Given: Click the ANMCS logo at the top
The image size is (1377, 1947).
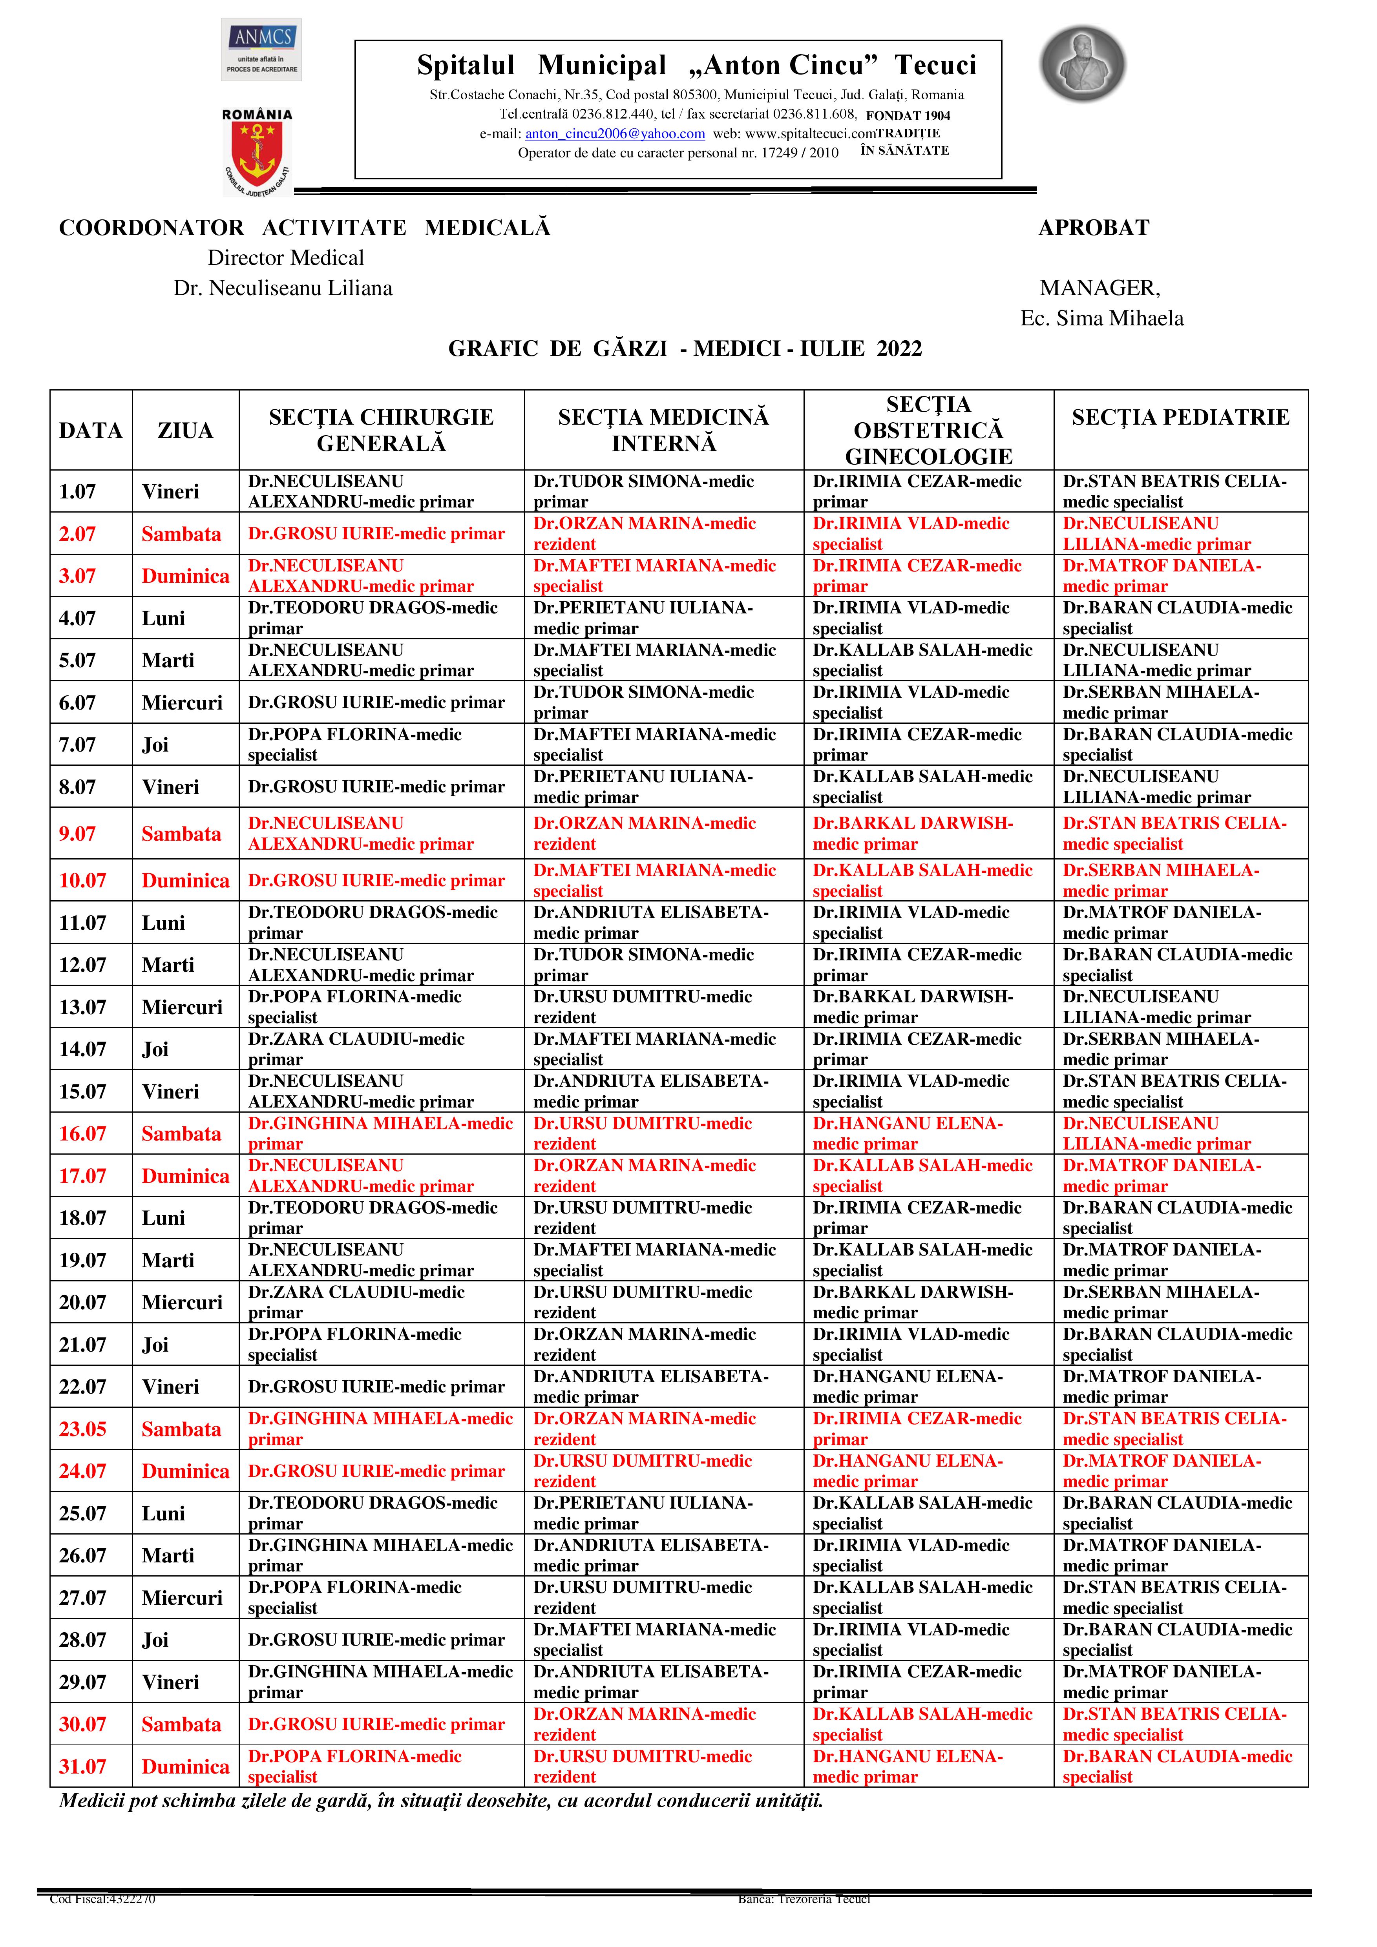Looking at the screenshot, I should [x=261, y=49].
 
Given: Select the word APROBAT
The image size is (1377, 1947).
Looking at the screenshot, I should [x=1094, y=228].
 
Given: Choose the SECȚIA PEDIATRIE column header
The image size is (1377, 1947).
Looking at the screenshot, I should [x=1180, y=417].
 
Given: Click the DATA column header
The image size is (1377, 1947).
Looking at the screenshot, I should [x=91, y=431].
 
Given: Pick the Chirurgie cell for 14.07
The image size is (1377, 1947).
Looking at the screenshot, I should [x=356, y=1049].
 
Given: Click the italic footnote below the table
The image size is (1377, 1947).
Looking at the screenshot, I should [x=441, y=1801].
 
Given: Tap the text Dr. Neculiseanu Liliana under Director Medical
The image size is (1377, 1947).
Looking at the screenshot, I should [x=283, y=288].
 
